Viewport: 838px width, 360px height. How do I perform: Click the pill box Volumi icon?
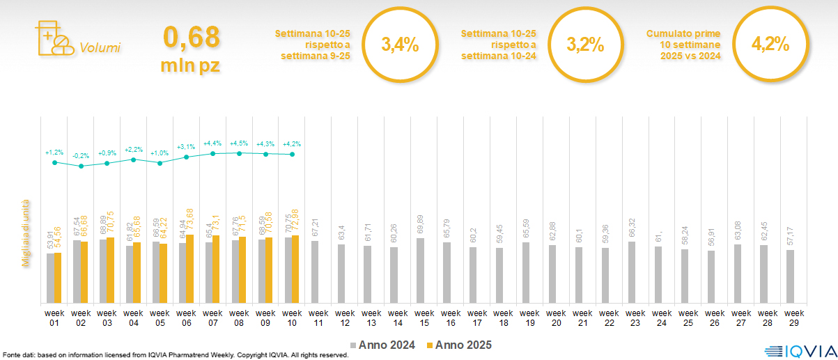click(x=53, y=39)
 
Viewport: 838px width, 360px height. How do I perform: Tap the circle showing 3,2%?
click(x=584, y=45)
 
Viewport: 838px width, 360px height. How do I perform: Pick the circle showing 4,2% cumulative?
click(x=770, y=45)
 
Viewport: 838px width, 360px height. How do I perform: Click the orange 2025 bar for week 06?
click(x=189, y=269)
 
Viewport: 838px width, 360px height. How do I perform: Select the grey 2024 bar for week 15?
click(x=420, y=271)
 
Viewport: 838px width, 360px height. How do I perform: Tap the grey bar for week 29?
click(x=790, y=276)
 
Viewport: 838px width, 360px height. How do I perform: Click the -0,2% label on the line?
click(x=81, y=156)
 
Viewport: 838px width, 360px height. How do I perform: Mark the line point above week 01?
click(x=54, y=162)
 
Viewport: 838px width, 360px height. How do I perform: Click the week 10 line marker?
click(x=293, y=154)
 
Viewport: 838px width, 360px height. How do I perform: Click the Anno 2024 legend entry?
click(x=383, y=345)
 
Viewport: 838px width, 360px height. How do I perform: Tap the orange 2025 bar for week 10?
click(x=295, y=269)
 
